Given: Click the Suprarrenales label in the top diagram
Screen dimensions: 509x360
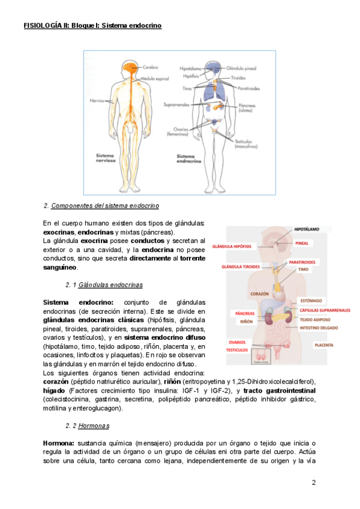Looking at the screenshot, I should (x=176, y=104).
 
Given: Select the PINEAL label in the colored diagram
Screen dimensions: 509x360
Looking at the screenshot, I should (x=302, y=243).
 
